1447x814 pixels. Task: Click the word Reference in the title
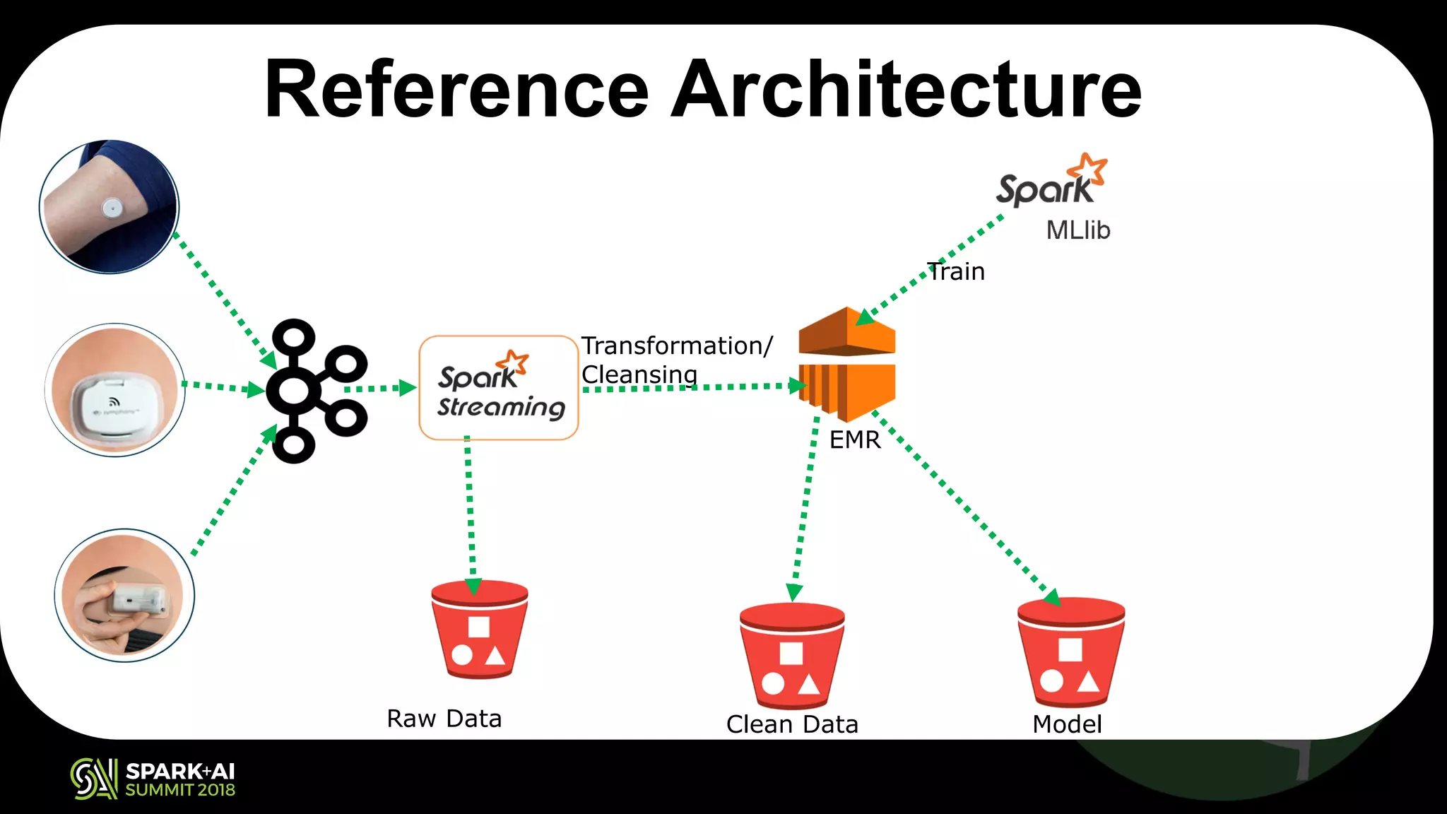coord(456,90)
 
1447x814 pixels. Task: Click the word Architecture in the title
coord(906,90)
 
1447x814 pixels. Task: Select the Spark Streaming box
coord(499,388)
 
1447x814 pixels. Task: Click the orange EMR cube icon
coord(847,363)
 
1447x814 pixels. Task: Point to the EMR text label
coord(855,440)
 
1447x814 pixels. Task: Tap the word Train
coord(956,271)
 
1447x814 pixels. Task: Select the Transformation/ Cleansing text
coord(675,360)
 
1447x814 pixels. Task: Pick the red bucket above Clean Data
coord(792,655)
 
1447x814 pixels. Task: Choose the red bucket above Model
coord(1071,651)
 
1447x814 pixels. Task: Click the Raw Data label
coord(444,719)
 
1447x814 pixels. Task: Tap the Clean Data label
coord(792,724)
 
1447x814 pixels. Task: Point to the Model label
coord(1067,724)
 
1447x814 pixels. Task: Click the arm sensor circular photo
coord(109,206)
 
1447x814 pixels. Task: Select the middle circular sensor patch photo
coord(114,390)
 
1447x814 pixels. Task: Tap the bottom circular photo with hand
coord(124,595)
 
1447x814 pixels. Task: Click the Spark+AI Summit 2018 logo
coord(153,779)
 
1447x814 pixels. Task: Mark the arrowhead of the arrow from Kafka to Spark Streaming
coord(408,388)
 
